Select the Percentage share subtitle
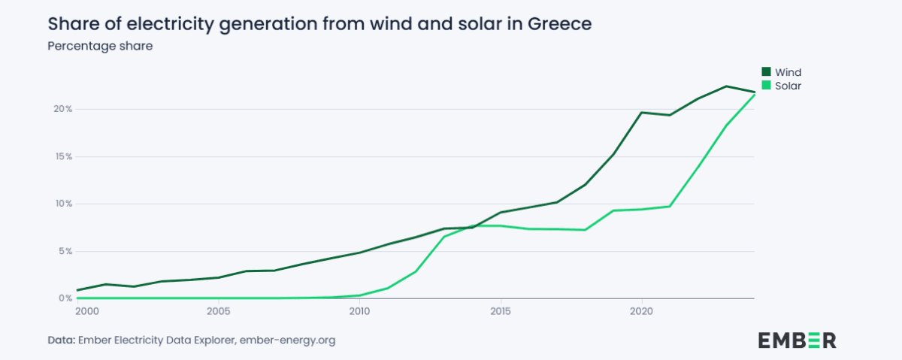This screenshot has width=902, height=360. (x=99, y=47)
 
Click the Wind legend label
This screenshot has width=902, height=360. (x=788, y=72)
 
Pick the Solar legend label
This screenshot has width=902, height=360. (x=788, y=86)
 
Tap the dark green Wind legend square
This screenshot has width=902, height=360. (x=767, y=72)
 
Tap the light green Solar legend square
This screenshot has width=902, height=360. (x=767, y=86)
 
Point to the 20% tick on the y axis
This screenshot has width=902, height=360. (x=62, y=109)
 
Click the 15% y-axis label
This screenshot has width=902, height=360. (x=62, y=156)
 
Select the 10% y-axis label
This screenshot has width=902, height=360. (x=62, y=204)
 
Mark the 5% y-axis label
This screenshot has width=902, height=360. (x=65, y=251)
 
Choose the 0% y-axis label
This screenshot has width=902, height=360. (x=65, y=298)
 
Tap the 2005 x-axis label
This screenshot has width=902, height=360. (x=218, y=310)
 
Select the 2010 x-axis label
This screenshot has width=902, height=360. (x=359, y=310)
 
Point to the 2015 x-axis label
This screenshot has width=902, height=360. (x=500, y=310)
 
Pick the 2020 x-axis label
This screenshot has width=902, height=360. (x=641, y=310)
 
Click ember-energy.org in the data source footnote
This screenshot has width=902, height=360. (x=287, y=340)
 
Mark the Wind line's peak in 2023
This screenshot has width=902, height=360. (x=726, y=86)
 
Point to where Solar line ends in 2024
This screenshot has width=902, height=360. (x=754, y=94)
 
